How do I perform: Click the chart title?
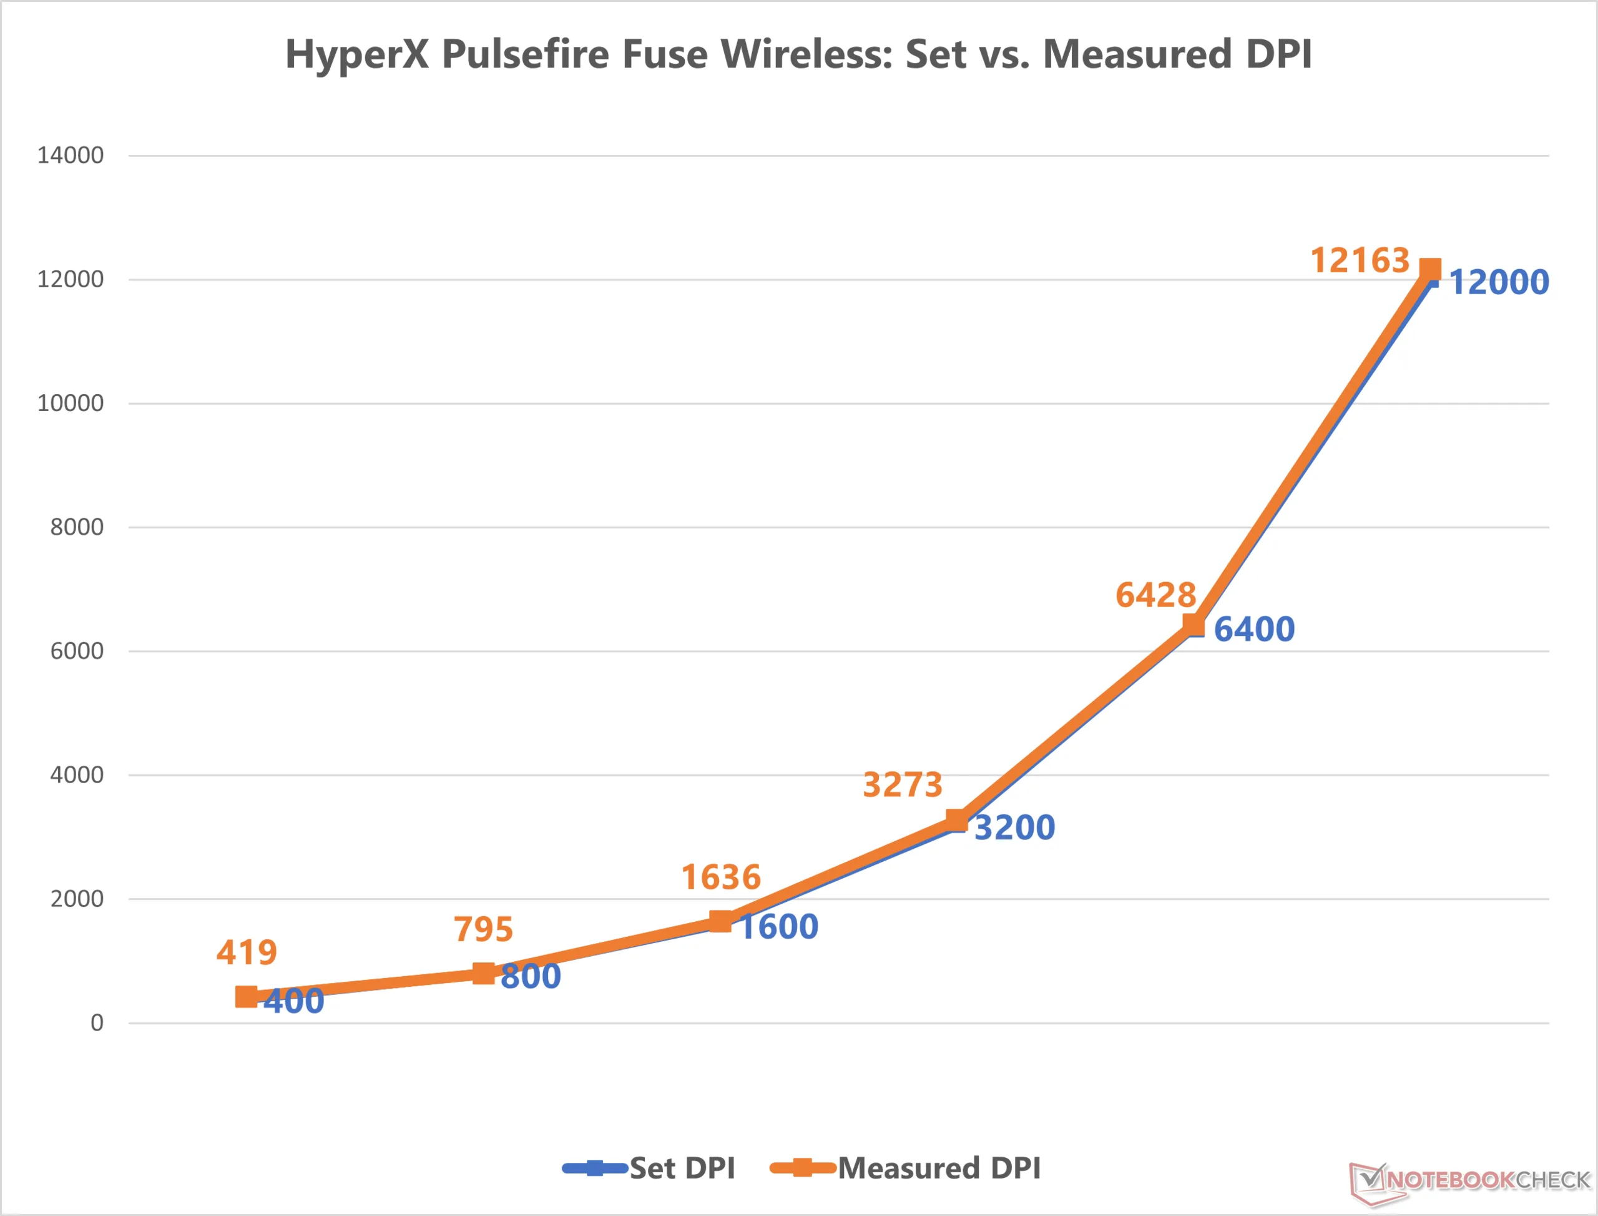[798, 54]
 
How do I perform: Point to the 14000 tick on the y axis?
[70, 156]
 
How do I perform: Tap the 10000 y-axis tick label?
[70, 403]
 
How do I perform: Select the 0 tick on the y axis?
[96, 1023]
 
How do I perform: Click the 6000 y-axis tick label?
[76, 651]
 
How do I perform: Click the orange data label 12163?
[1360, 260]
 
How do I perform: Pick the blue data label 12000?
[1499, 282]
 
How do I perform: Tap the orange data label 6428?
[1155, 595]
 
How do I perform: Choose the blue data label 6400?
[1253, 629]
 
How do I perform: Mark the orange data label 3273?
[903, 784]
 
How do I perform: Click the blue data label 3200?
[1014, 828]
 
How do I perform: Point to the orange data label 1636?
[721, 877]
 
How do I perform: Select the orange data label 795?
[483, 929]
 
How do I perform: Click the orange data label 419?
[247, 952]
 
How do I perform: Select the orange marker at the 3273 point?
[956, 819]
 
